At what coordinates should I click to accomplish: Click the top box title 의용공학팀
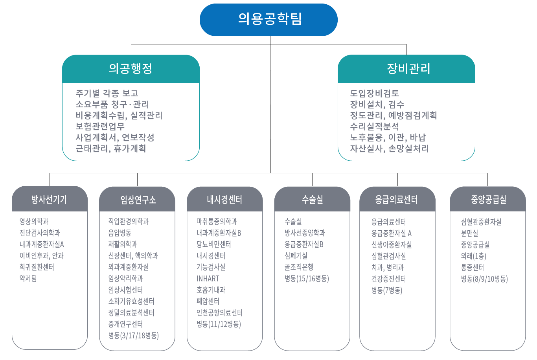(270, 19)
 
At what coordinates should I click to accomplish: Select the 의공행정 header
(131, 68)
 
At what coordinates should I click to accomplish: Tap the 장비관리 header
(408, 68)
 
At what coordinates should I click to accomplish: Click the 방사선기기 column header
(49, 199)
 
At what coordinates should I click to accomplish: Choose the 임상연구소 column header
(138, 200)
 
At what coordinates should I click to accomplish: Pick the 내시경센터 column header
(224, 199)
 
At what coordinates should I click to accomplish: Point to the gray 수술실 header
(313, 199)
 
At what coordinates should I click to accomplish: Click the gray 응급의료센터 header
(397, 199)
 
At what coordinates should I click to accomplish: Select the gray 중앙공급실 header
(489, 199)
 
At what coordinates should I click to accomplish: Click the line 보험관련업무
(100, 126)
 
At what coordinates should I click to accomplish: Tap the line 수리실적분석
(375, 126)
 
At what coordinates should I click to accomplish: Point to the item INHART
(208, 279)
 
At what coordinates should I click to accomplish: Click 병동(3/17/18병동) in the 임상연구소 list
(134, 335)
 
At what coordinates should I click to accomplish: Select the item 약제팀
(28, 278)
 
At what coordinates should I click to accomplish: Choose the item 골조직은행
(299, 267)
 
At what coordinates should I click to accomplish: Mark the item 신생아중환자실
(392, 244)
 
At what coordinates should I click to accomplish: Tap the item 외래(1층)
(473, 256)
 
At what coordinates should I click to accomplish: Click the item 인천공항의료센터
(220, 312)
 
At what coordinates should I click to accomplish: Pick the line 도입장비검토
(375, 93)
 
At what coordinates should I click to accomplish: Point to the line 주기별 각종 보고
(107, 93)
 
